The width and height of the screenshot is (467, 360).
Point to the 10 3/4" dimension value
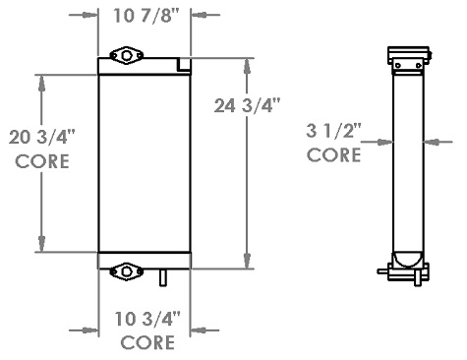147,320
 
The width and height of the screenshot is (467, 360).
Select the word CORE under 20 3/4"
42,162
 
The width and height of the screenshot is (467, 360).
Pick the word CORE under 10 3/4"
147,343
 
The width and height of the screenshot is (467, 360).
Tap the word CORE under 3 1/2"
334,154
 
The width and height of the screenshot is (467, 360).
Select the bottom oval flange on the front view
126,271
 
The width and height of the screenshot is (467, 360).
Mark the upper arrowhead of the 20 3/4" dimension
42,79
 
